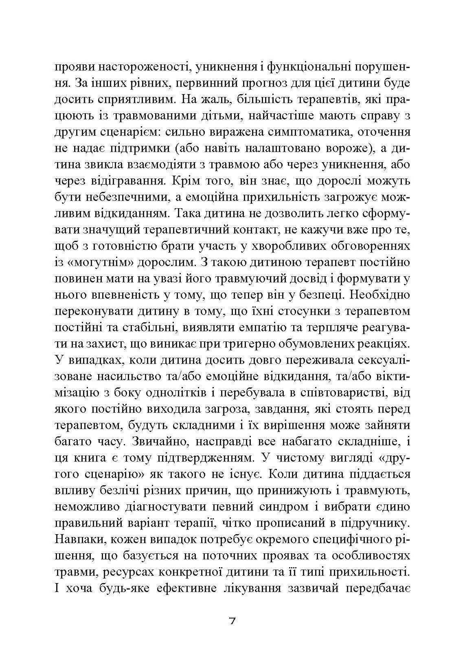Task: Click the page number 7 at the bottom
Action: click(x=232, y=621)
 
